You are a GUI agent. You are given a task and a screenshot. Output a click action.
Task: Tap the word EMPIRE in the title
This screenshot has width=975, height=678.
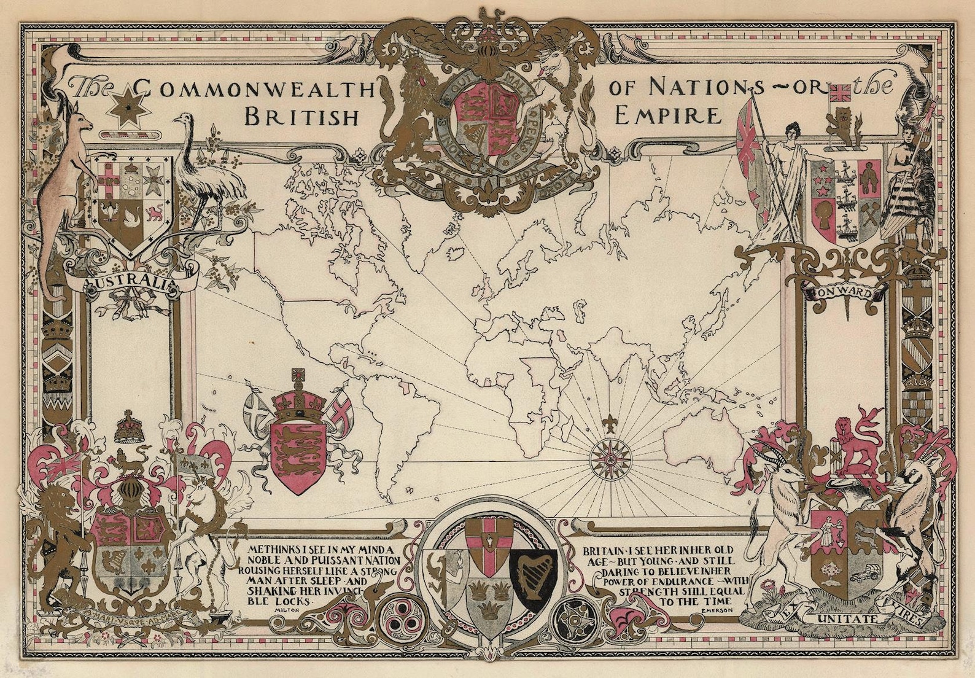(x=667, y=115)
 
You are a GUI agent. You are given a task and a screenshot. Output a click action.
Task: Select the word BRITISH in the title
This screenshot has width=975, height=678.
(x=301, y=116)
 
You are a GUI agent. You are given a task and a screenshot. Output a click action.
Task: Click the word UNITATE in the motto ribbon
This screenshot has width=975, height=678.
(x=847, y=618)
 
